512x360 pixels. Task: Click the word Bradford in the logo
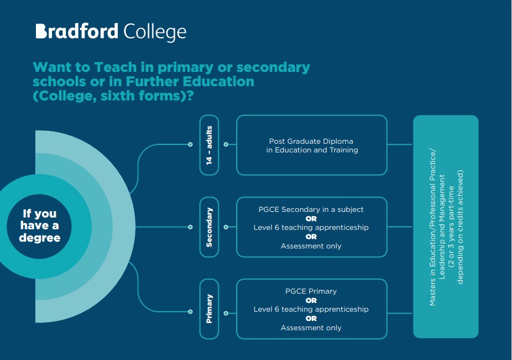[x=77, y=32]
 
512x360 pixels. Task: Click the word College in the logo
[x=155, y=33]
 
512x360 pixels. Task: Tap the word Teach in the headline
[x=115, y=67]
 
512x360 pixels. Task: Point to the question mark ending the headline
[x=190, y=95]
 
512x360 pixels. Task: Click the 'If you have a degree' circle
[x=39, y=226]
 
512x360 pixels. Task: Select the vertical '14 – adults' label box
[x=210, y=145]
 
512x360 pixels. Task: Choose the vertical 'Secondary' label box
[x=210, y=227]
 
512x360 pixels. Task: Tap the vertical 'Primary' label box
[x=210, y=309]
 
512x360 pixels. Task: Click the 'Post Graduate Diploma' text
[x=311, y=141]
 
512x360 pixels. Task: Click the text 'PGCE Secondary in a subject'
[x=311, y=209]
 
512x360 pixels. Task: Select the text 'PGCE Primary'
[x=311, y=291]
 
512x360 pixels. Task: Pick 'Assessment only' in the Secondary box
[x=311, y=246]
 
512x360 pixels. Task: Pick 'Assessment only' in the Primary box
[x=311, y=328]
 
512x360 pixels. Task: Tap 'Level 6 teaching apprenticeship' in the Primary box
[x=311, y=309]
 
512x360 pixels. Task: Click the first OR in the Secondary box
[x=311, y=219]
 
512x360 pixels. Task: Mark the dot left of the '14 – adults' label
[x=190, y=144]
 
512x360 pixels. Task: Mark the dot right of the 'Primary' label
[x=226, y=314]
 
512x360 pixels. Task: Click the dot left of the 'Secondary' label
[x=190, y=227]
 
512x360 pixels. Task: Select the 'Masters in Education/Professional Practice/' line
[x=432, y=227]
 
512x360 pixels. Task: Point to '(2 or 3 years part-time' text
[x=451, y=227]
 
